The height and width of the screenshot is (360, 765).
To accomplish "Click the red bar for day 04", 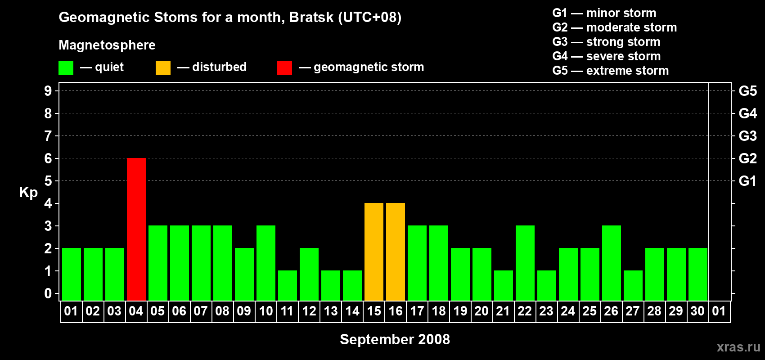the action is tap(136, 229).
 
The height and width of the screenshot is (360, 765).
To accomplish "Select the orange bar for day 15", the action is tap(374, 252).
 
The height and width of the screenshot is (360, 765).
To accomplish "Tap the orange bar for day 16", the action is tap(396, 252).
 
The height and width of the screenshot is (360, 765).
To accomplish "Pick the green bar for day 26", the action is tap(611, 263).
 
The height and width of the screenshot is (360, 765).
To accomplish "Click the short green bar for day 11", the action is tap(288, 286).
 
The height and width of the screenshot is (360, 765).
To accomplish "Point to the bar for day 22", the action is tap(525, 263).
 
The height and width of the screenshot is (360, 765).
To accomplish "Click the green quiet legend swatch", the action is tap(66, 67).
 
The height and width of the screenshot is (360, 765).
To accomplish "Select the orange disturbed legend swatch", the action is tap(163, 67).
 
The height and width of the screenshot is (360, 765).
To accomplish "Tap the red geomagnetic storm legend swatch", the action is tap(284, 67).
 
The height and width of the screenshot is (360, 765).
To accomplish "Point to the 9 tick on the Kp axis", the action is tap(48, 91).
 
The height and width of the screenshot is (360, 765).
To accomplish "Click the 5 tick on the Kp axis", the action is tap(48, 181).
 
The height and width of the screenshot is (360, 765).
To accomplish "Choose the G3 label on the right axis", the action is tap(747, 136).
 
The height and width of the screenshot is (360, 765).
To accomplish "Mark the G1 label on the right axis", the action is tap(747, 181).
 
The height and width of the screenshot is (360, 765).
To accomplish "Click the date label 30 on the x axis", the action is tap(697, 311).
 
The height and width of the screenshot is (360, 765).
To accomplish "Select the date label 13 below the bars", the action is tap(331, 311).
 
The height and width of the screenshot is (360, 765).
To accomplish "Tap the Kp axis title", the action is tap(28, 193).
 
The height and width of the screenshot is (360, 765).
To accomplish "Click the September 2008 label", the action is tap(395, 339).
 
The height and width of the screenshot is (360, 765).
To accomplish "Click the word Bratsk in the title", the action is tap(311, 18).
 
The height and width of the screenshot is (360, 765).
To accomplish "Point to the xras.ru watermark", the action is tap(738, 347).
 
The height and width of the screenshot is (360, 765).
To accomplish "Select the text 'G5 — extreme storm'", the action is tap(611, 71).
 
